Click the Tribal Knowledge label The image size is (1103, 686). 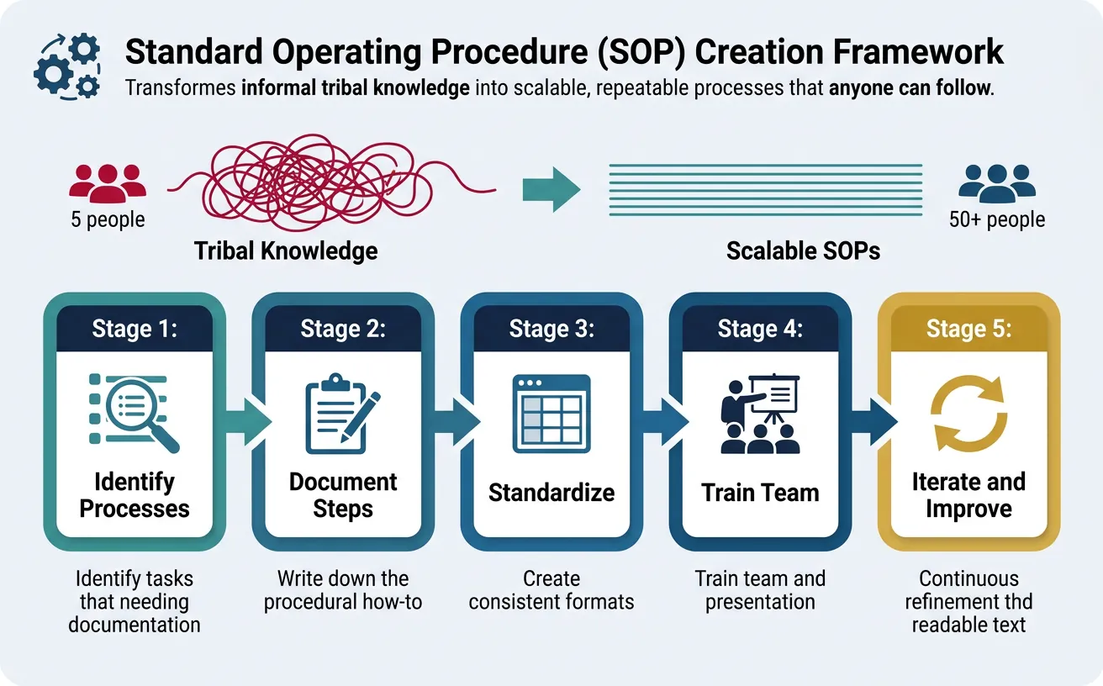click(286, 251)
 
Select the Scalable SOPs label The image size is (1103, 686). click(803, 251)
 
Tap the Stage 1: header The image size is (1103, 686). click(135, 329)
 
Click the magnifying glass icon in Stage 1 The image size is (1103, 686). click(135, 412)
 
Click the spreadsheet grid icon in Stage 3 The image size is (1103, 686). click(551, 414)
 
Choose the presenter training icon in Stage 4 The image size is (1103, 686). click(760, 412)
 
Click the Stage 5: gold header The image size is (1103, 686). click(968, 329)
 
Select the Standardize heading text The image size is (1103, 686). click(551, 493)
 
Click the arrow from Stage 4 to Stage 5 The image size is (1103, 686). click(868, 421)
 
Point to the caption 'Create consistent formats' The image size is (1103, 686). click(551, 590)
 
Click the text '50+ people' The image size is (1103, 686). click(996, 220)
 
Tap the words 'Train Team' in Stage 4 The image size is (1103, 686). click(760, 493)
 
